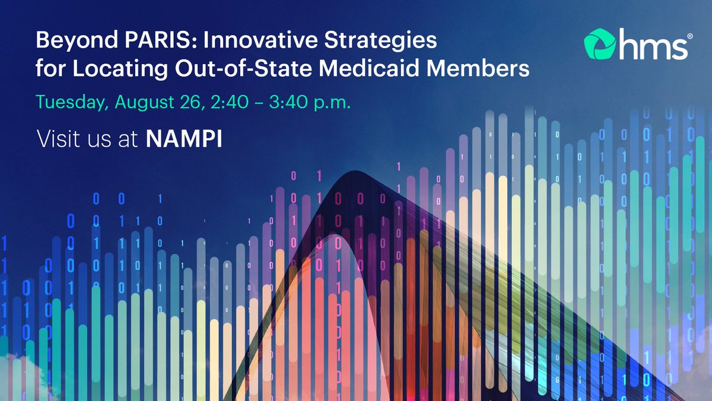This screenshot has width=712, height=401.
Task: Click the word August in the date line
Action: [141, 102]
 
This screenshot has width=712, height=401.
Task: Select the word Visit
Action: [56, 140]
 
